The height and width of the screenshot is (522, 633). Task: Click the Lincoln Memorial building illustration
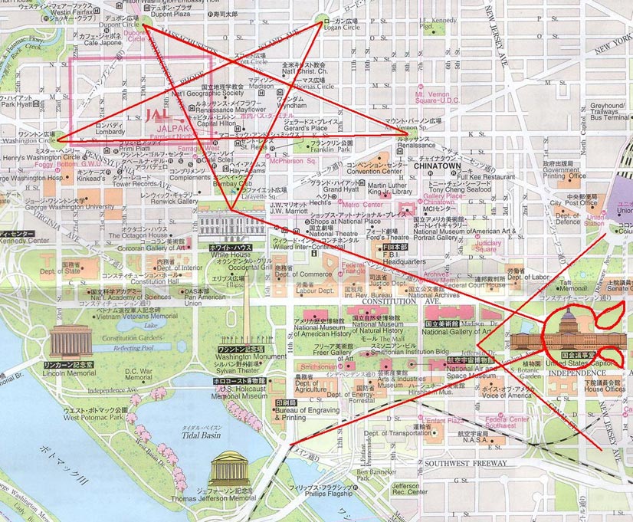click(x=71, y=340)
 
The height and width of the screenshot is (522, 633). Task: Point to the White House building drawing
click(x=231, y=225)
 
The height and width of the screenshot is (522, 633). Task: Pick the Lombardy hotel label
click(x=108, y=131)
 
